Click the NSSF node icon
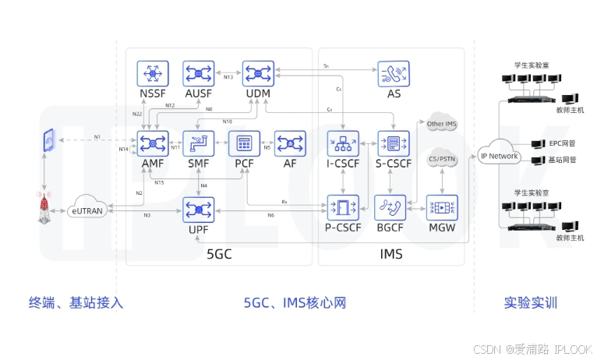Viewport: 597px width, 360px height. (x=153, y=74)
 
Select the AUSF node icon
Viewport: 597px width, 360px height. (x=199, y=74)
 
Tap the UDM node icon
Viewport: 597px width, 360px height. (x=257, y=74)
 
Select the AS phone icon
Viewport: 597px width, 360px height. (x=392, y=74)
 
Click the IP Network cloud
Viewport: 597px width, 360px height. (x=498, y=155)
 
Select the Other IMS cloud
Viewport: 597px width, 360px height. (x=441, y=124)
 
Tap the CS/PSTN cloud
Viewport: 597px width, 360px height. (x=442, y=158)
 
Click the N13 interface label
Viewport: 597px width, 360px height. (x=228, y=77)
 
